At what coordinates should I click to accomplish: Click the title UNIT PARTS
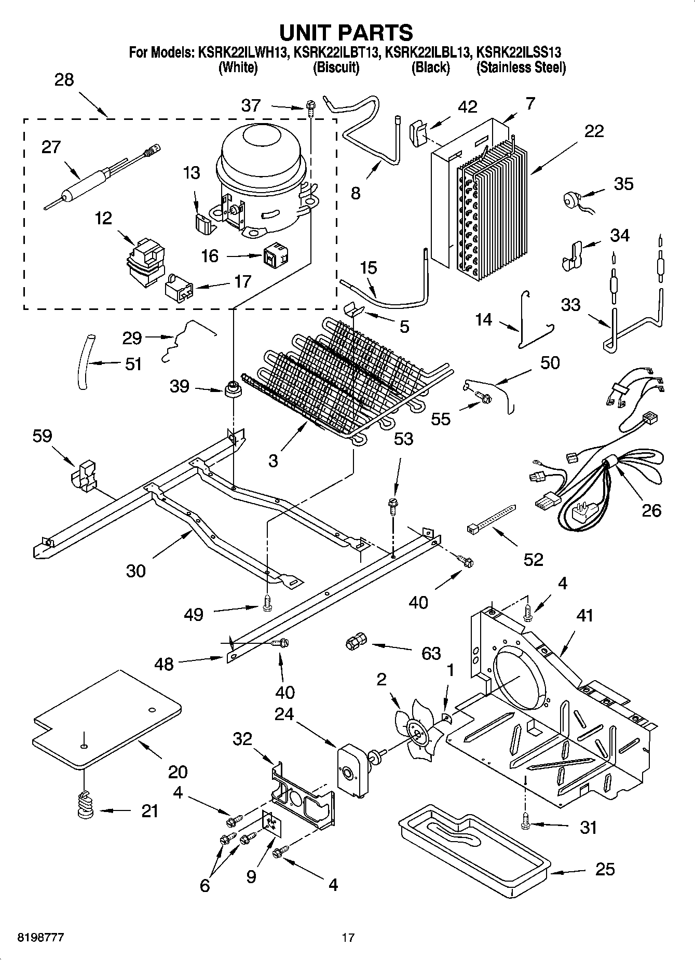(346, 32)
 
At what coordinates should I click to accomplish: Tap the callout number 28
(64, 80)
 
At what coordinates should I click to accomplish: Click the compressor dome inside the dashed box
(260, 148)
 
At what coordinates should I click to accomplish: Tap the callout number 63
(431, 653)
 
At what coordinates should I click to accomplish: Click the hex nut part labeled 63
(354, 642)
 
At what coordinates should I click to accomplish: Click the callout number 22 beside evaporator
(594, 131)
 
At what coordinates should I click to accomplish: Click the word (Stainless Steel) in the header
(521, 67)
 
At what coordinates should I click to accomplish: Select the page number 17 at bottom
(348, 938)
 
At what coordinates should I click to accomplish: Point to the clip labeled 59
(84, 475)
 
